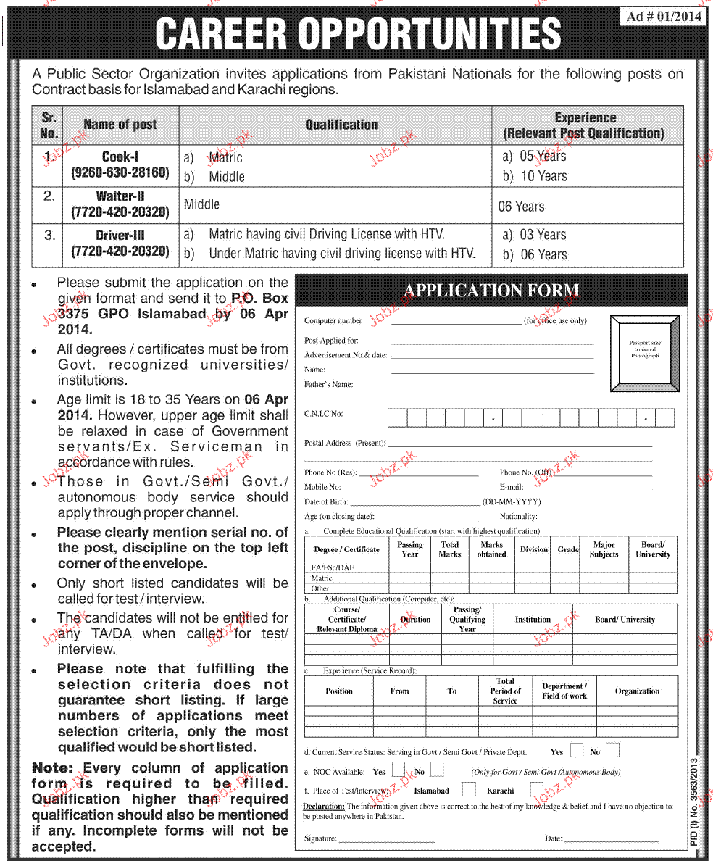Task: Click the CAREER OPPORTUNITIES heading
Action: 358,34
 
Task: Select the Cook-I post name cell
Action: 120,165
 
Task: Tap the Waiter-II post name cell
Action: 120,204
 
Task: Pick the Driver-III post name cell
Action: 120,243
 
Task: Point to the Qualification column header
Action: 341,125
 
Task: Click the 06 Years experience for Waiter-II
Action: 521,207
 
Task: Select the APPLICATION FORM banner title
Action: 491,291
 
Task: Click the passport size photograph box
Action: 645,352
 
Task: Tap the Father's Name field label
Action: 329,385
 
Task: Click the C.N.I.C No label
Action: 323,414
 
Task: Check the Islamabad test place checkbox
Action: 469,790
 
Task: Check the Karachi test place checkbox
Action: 536,790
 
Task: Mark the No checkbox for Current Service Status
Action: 613,751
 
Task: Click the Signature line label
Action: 320,838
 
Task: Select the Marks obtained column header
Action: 491,549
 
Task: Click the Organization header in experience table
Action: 637,691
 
